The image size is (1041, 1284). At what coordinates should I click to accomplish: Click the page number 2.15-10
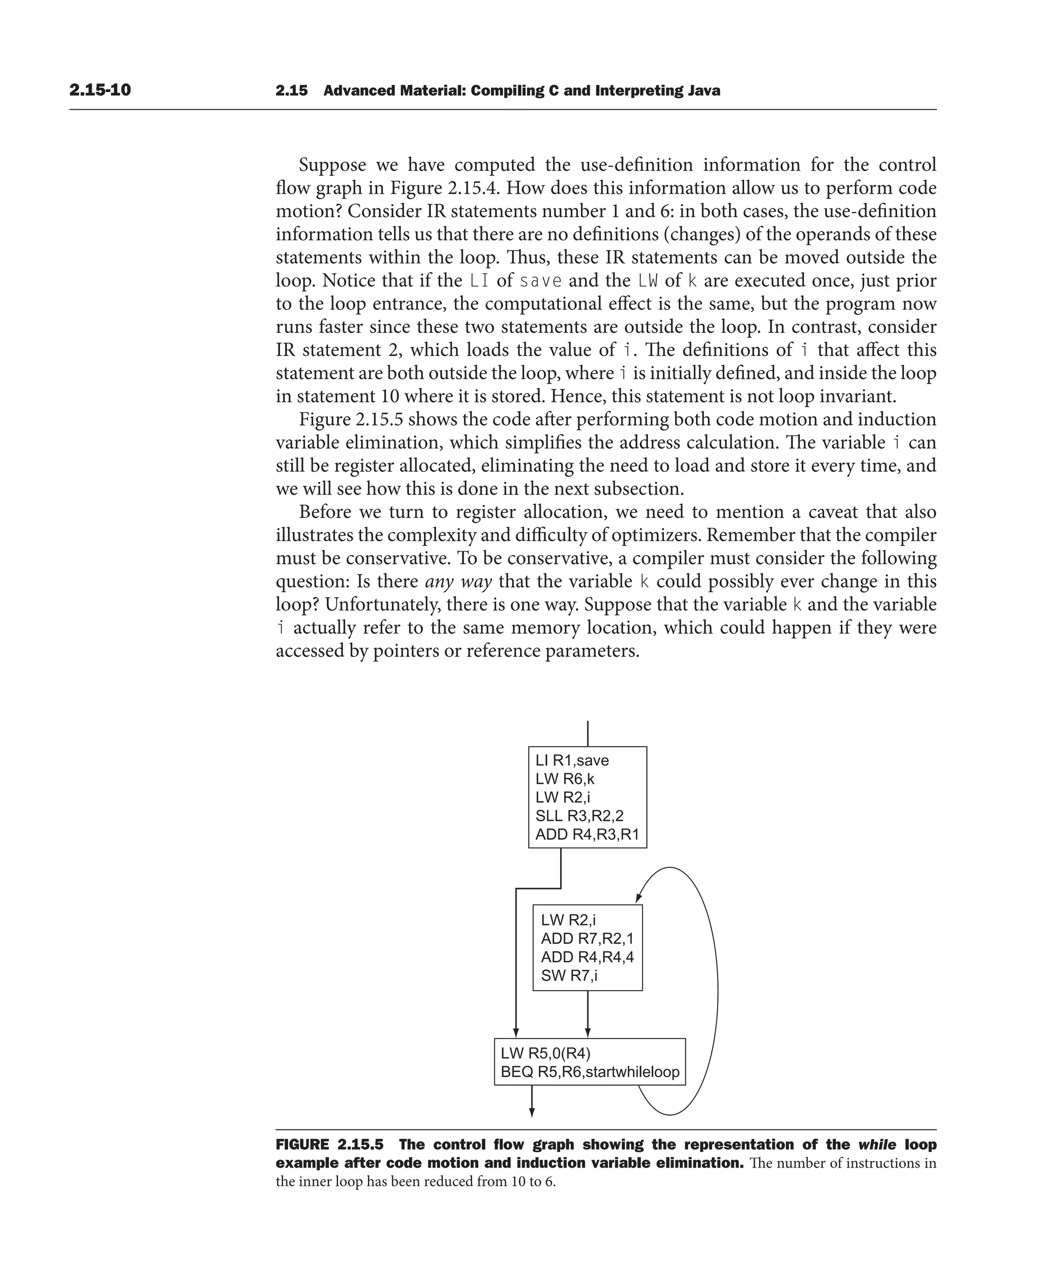pyautogui.click(x=100, y=90)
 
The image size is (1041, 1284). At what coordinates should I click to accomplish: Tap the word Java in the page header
pyautogui.click(x=704, y=91)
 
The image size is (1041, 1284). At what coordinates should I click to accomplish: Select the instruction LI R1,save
pyautogui.click(x=571, y=760)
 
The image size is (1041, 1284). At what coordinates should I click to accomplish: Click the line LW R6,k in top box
pyautogui.click(x=564, y=779)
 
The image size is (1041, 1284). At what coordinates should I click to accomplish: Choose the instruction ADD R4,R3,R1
pyautogui.click(x=587, y=834)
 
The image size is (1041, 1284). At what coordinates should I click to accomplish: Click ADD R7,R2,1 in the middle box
pyautogui.click(x=587, y=938)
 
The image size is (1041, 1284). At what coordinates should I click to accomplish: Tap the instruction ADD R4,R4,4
pyautogui.click(x=587, y=957)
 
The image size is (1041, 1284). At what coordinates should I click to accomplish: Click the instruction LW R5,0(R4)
pyautogui.click(x=546, y=1053)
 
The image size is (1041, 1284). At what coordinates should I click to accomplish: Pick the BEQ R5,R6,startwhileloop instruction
pyautogui.click(x=590, y=1072)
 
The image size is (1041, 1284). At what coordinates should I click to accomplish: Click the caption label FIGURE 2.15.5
pyautogui.click(x=329, y=1144)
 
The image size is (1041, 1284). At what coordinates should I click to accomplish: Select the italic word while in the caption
pyautogui.click(x=877, y=1144)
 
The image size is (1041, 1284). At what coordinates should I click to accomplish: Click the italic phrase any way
pyautogui.click(x=458, y=582)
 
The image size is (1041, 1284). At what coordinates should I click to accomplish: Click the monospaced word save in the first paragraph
pyautogui.click(x=540, y=281)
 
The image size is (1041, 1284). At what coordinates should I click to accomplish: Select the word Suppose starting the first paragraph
pyautogui.click(x=333, y=165)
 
